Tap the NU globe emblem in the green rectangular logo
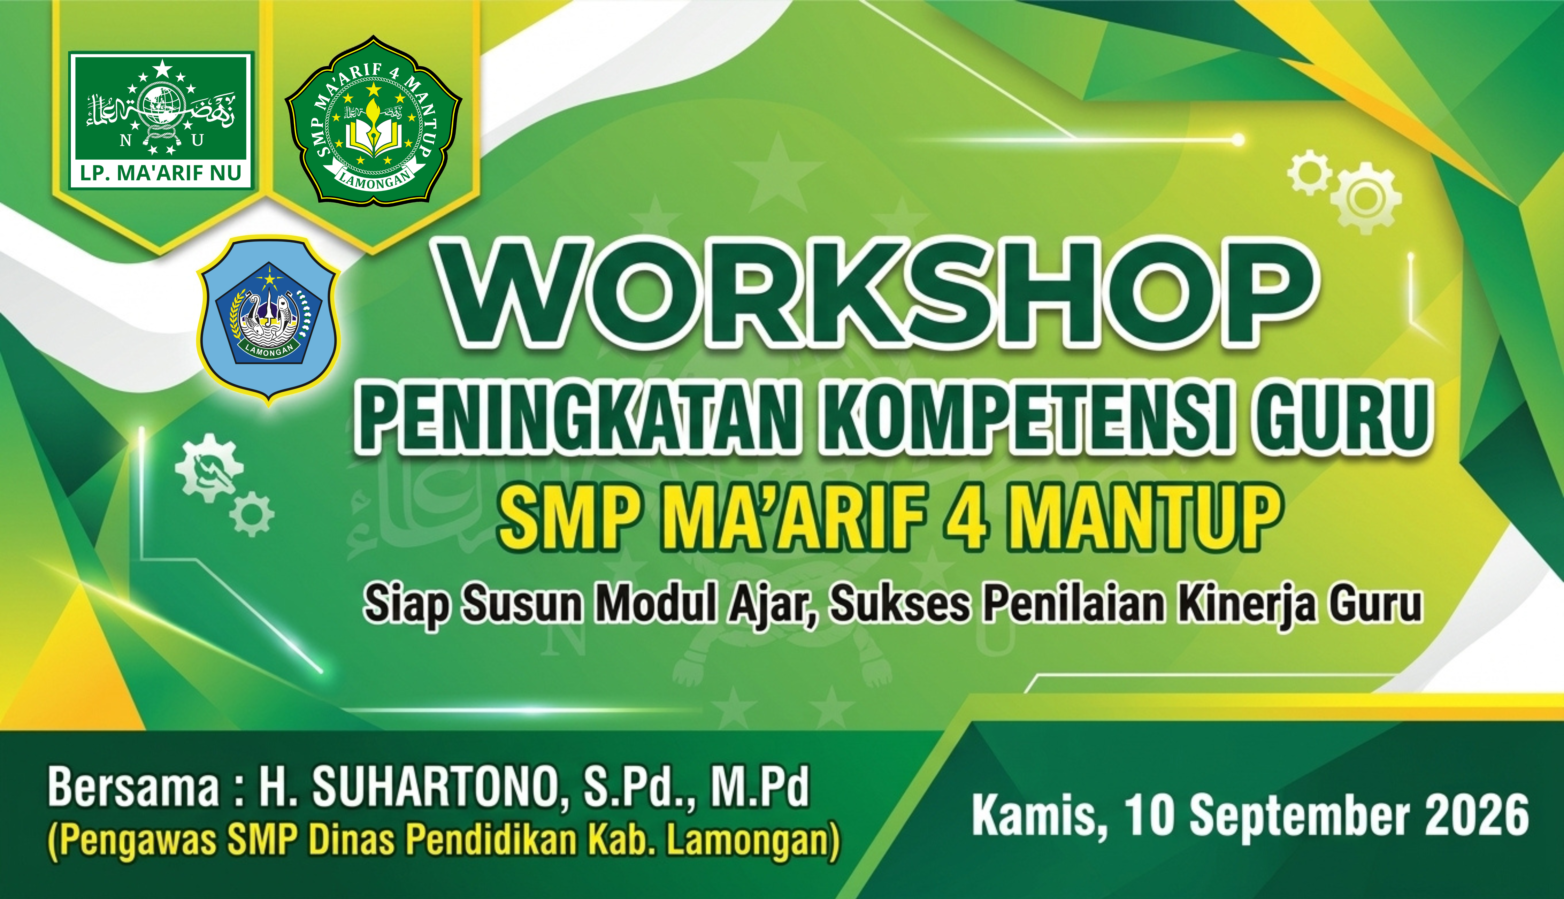162,114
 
